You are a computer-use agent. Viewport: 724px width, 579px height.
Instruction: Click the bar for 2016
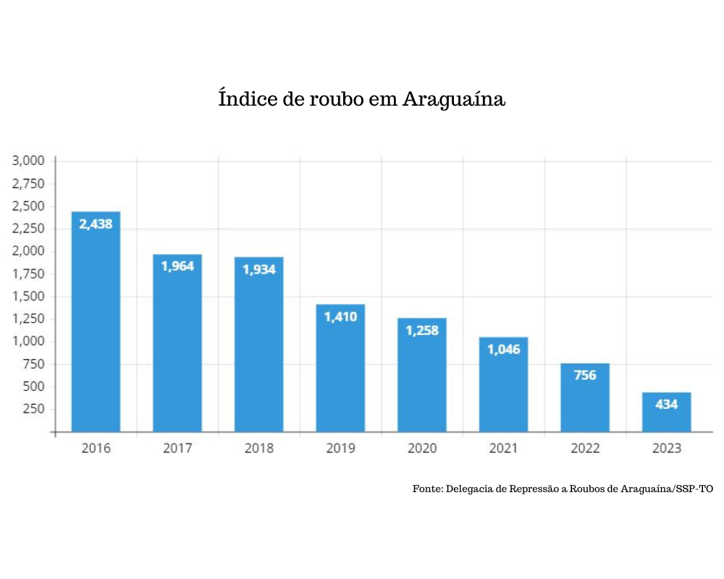(96, 322)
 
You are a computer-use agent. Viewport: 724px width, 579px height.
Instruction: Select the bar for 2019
(340, 368)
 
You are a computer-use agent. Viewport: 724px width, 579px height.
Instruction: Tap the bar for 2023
(666, 413)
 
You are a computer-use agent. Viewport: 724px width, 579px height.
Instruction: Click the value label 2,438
(96, 224)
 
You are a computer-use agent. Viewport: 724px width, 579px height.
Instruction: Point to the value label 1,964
(177, 266)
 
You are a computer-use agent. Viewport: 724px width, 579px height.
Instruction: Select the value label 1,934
(258, 270)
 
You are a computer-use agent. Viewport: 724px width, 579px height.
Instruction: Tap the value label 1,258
(421, 331)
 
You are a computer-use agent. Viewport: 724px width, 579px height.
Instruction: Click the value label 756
(584, 375)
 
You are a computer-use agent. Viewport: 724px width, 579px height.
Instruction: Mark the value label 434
(666, 404)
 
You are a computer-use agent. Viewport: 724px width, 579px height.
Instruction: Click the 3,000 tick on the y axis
(29, 161)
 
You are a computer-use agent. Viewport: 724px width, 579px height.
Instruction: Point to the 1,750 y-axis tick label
(29, 274)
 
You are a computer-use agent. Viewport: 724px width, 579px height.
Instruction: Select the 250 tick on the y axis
(33, 409)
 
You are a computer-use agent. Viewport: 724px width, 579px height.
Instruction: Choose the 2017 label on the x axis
(177, 449)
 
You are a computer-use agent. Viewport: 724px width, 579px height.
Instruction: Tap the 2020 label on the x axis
(421, 449)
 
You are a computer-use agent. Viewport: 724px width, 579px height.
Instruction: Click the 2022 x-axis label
(584, 449)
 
